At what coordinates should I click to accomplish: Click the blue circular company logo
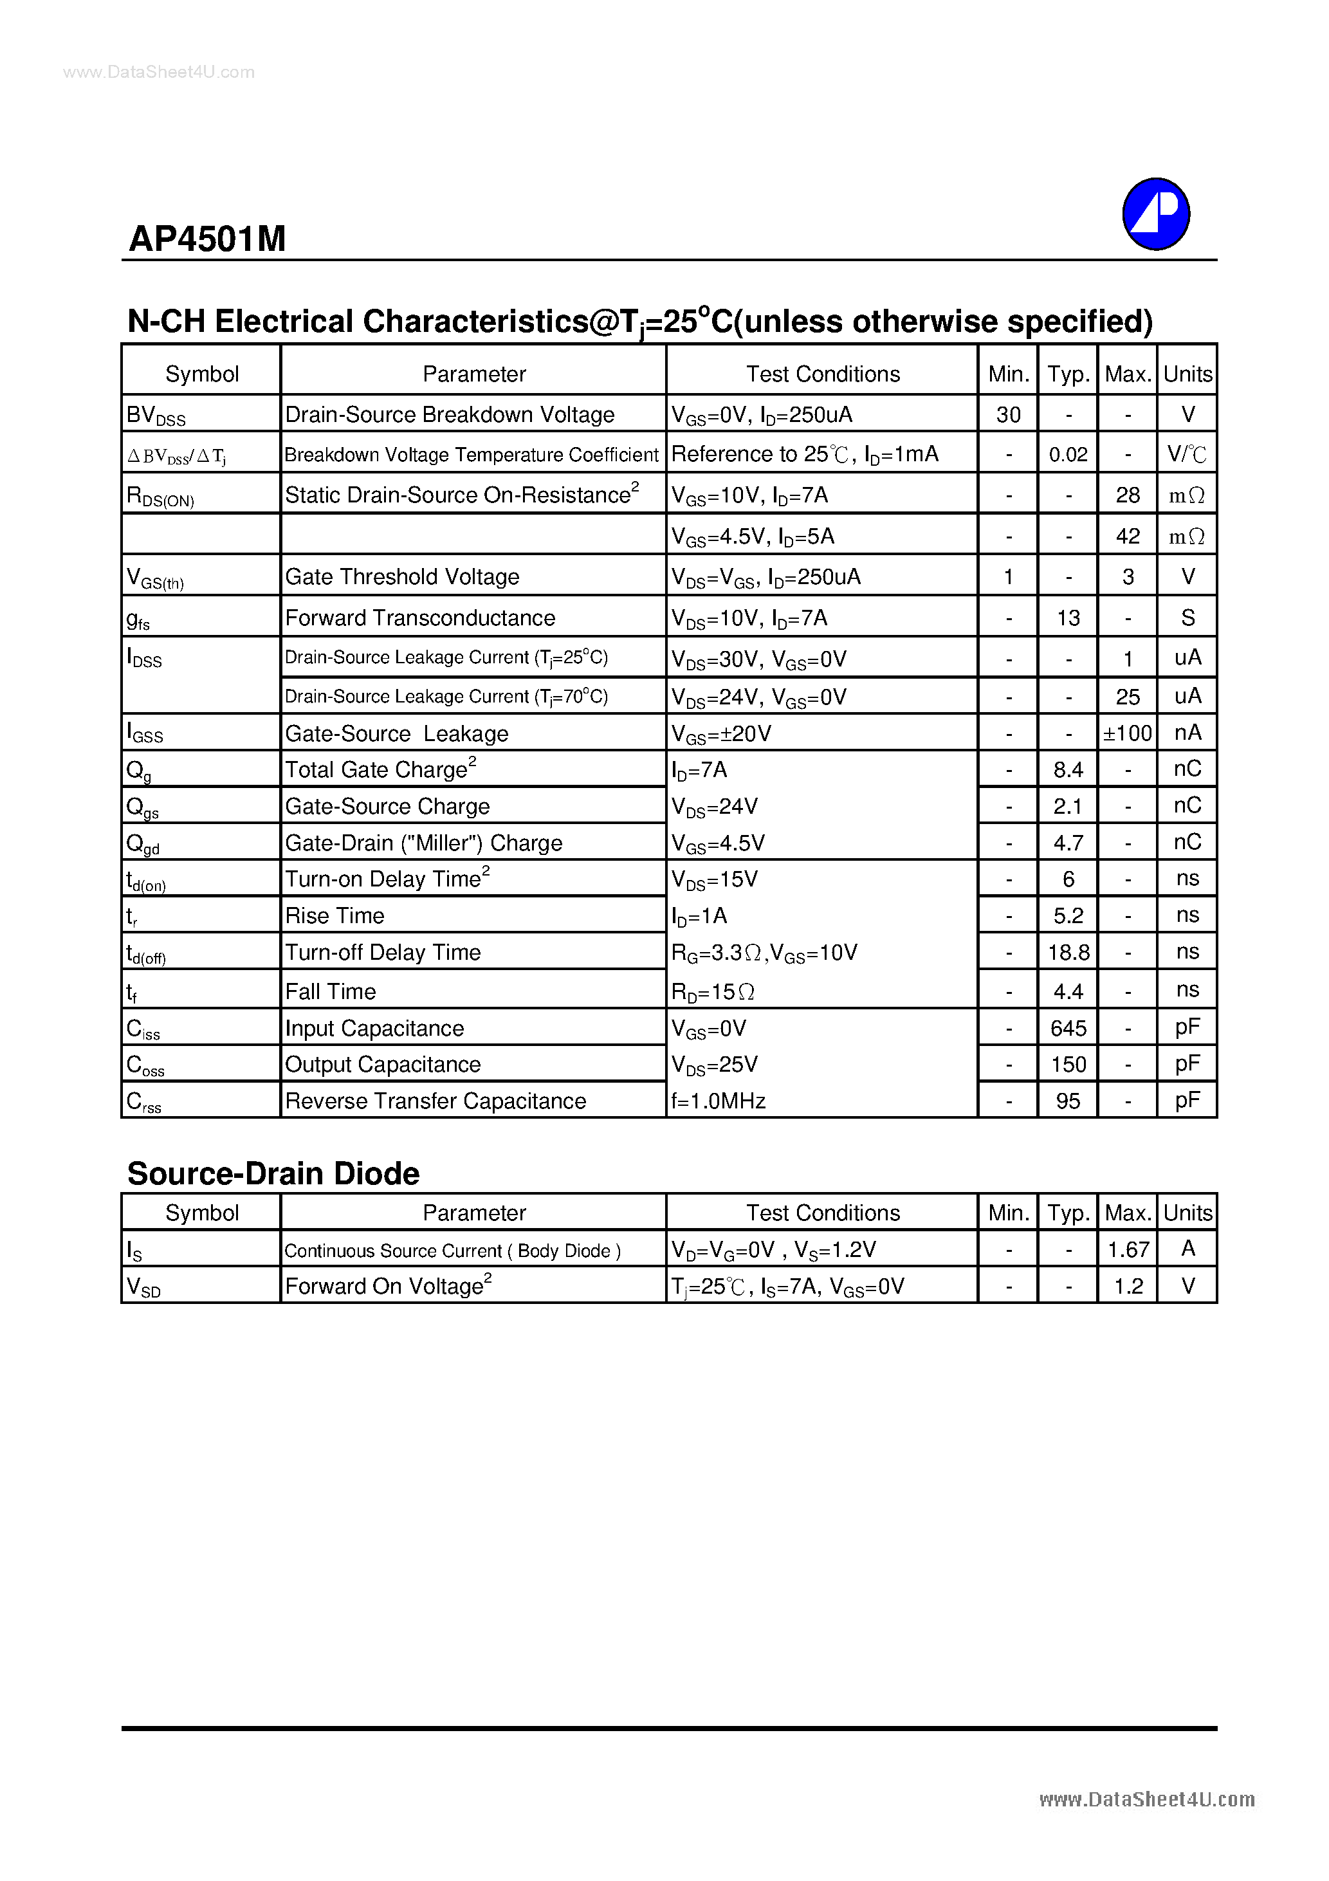1155,214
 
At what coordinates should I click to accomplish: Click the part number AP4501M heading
207,239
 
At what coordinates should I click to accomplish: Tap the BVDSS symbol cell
156,416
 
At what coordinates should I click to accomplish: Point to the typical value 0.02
1068,455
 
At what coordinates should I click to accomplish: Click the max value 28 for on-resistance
1128,495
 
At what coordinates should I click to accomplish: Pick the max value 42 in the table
1128,536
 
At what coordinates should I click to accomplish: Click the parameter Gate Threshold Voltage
401,577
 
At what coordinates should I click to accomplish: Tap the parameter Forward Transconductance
419,618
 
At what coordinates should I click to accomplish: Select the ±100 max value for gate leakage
1128,733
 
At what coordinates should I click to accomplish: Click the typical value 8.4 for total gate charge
1068,770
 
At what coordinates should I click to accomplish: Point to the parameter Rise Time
335,916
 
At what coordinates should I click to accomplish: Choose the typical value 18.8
1068,953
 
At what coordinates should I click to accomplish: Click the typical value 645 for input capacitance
1068,1028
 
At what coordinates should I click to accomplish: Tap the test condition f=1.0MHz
718,1101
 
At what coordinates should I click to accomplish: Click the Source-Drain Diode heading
273,1173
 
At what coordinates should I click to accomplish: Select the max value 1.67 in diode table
1128,1249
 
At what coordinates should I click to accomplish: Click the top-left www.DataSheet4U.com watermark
158,72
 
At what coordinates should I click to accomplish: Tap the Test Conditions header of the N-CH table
822,374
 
